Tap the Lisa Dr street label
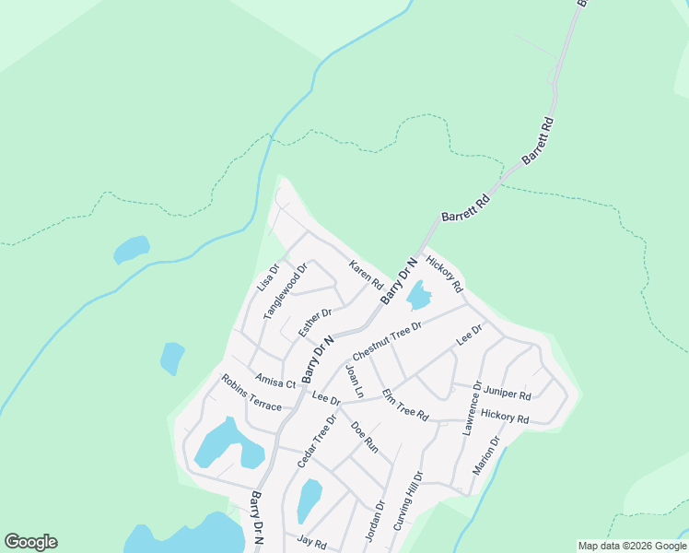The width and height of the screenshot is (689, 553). (266, 278)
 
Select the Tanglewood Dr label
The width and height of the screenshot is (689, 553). (284, 290)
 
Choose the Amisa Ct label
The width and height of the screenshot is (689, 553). (275, 382)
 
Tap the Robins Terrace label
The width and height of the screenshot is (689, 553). (251, 392)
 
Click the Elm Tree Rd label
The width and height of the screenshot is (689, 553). (405, 404)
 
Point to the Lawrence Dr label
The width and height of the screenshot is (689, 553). (473, 408)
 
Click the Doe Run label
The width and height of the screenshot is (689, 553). (364, 435)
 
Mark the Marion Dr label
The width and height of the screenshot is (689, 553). (486, 455)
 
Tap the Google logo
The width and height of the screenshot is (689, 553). (30, 542)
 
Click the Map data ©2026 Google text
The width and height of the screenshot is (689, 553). (631, 546)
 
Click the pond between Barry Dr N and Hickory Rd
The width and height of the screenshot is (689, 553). (418, 296)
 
